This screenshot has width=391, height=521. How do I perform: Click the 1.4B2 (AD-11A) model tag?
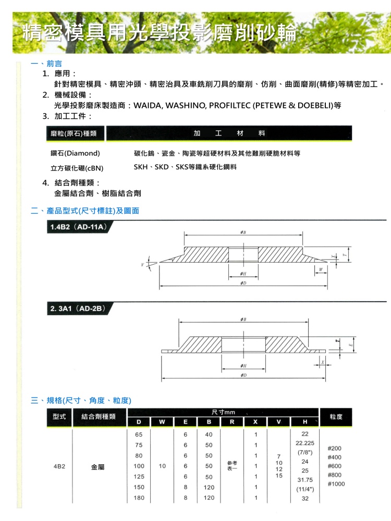tap(78, 228)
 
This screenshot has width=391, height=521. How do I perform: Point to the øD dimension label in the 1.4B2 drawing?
tap(243, 283)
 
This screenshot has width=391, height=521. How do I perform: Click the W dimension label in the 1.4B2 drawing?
tap(321, 269)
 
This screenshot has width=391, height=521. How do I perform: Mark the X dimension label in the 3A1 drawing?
tap(323, 361)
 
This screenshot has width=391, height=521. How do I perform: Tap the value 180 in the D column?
tap(139, 498)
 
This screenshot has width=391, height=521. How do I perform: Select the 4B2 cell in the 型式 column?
tap(59, 466)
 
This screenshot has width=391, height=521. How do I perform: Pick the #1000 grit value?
tap(336, 484)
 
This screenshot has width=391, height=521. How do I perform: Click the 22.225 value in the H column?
tap(305, 443)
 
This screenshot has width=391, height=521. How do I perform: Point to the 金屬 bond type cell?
tap(98, 467)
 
